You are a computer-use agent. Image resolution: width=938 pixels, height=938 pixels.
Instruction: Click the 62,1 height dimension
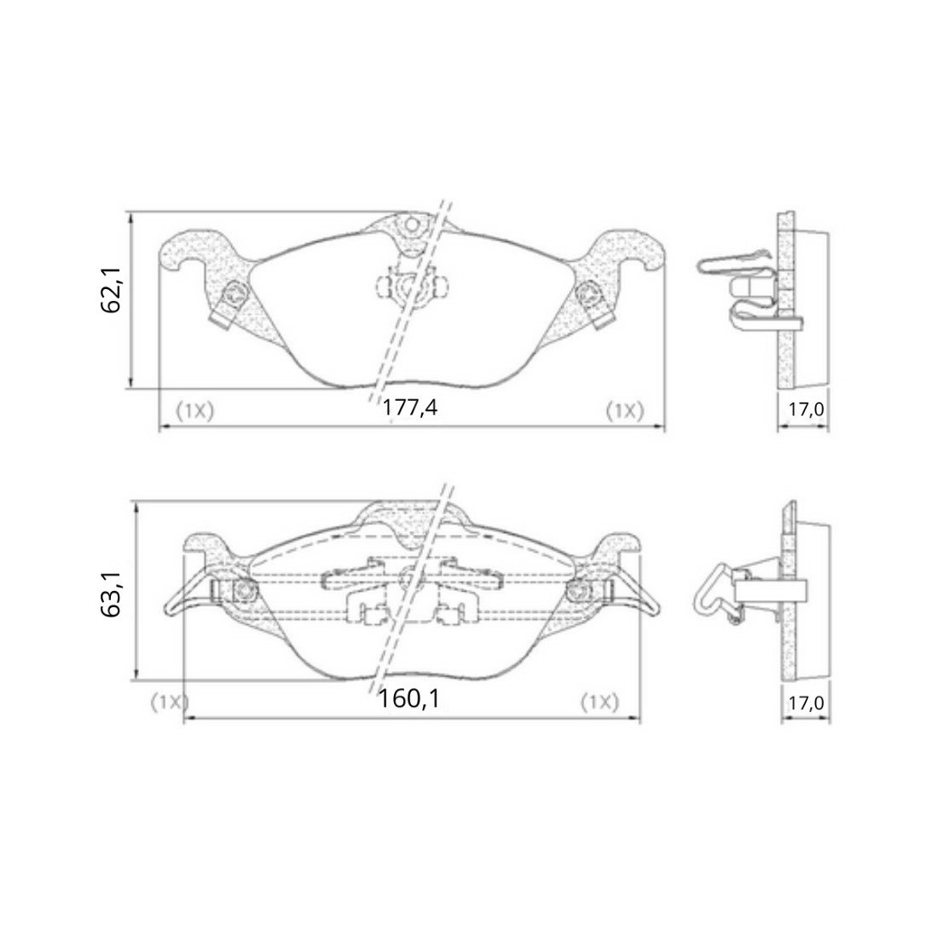click(x=111, y=290)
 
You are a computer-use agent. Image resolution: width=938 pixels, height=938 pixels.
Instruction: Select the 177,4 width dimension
click(x=410, y=408)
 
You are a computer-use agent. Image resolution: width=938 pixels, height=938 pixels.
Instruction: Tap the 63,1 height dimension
click(x=111, y=594)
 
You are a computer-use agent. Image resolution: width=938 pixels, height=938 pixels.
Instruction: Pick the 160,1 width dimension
click(x=409, y=698)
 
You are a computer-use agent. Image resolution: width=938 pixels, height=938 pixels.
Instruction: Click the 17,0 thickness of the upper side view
click(x=806, y=410)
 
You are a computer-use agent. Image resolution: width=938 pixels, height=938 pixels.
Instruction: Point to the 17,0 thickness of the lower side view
click(x=806, y=703)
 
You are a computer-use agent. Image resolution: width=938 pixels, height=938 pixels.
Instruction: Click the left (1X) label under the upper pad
click(x=194, y=411)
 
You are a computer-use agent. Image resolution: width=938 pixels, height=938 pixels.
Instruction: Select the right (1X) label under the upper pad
click(x=625, y=411)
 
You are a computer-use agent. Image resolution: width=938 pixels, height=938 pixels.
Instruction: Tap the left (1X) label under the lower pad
click(x=170, y=702)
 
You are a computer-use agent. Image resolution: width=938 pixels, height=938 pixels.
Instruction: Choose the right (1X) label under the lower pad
click(x=600, y=702)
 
